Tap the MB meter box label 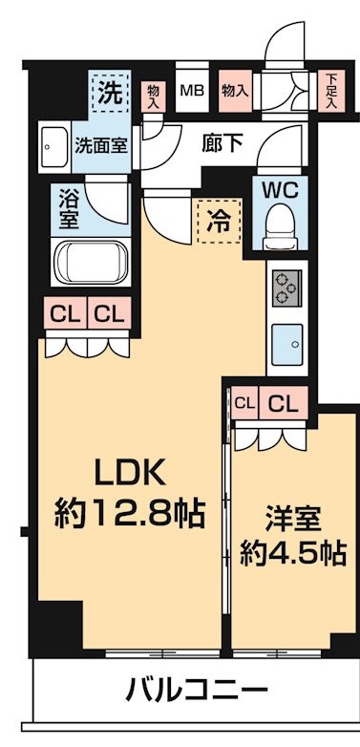point(192,92)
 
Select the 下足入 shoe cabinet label point(330,92)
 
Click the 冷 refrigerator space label point(217,220)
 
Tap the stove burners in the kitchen point(286,286)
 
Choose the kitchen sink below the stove point(286,343)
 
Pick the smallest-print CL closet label point(244,403)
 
